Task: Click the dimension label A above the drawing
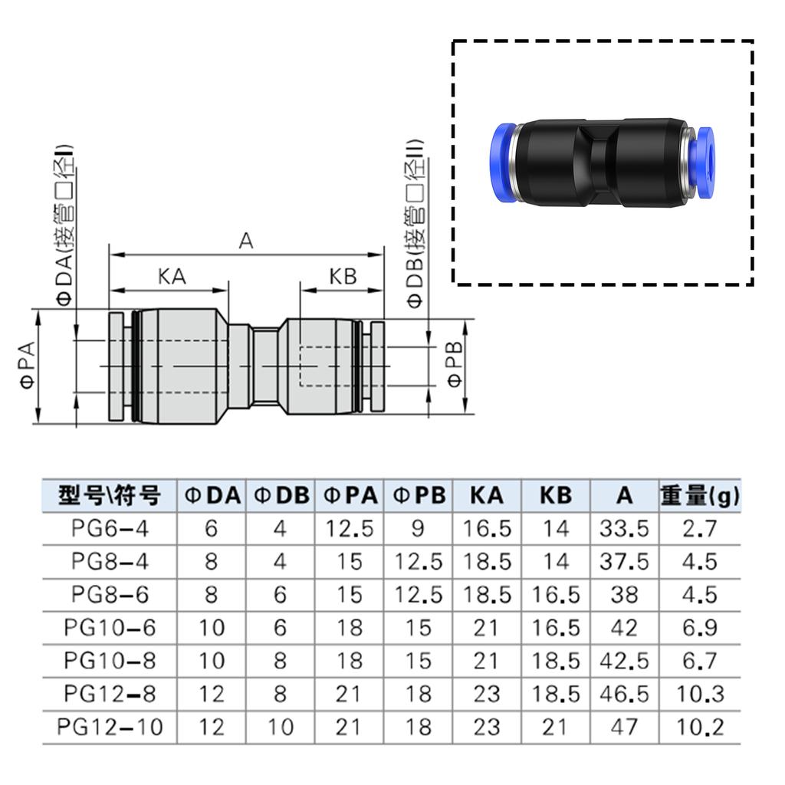click(x=245, y=241)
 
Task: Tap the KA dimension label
click(x=172, y=277)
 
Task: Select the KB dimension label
click(x=343, y=277)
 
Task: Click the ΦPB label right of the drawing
click(x=455, y=366)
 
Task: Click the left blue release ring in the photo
click(x=501, y=160)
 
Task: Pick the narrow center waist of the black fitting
click(x=600, y=162)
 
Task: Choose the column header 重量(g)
click(x=699, y=496)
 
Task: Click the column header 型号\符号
click(x=110, y=496)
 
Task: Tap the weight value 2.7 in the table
click(x=699, y=528)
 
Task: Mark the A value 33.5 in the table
click(x=625, y=528)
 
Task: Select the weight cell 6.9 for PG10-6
click(x=699, y=628)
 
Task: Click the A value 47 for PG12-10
click(x=625, y=726)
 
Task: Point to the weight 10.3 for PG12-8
click(x=699, y=694)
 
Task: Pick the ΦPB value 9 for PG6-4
click(x=419, y=528)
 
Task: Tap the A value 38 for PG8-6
click(x=625, y=595)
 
